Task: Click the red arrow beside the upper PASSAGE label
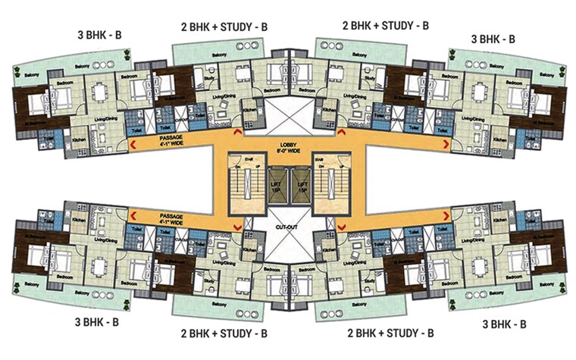pyautogui.click(x=131, y=141)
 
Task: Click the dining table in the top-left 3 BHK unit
pyautogui.click(x=98, y=92)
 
